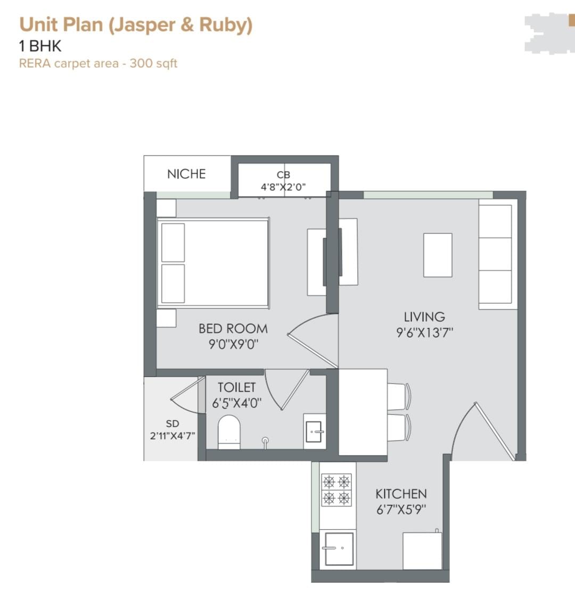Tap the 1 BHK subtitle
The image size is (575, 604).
40,46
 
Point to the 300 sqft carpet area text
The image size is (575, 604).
153,63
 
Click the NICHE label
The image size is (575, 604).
186,174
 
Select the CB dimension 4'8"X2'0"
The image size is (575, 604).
283,187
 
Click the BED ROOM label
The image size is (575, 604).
233,329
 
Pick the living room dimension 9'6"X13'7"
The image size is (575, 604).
424,332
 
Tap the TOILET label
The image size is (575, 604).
236,387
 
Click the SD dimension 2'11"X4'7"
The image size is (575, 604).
172,436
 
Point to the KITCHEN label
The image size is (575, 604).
401,494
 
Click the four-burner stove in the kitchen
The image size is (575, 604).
336,489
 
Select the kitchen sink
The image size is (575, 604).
339,549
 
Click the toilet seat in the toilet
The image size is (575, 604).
229,432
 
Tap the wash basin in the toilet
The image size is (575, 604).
314,431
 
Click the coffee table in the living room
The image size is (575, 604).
438,255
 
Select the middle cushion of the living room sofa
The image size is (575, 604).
495,254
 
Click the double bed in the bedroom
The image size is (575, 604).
213,263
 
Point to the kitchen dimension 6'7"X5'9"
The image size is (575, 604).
401,510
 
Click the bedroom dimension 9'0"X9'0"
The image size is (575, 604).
233,344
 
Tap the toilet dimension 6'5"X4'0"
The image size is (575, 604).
236,403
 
